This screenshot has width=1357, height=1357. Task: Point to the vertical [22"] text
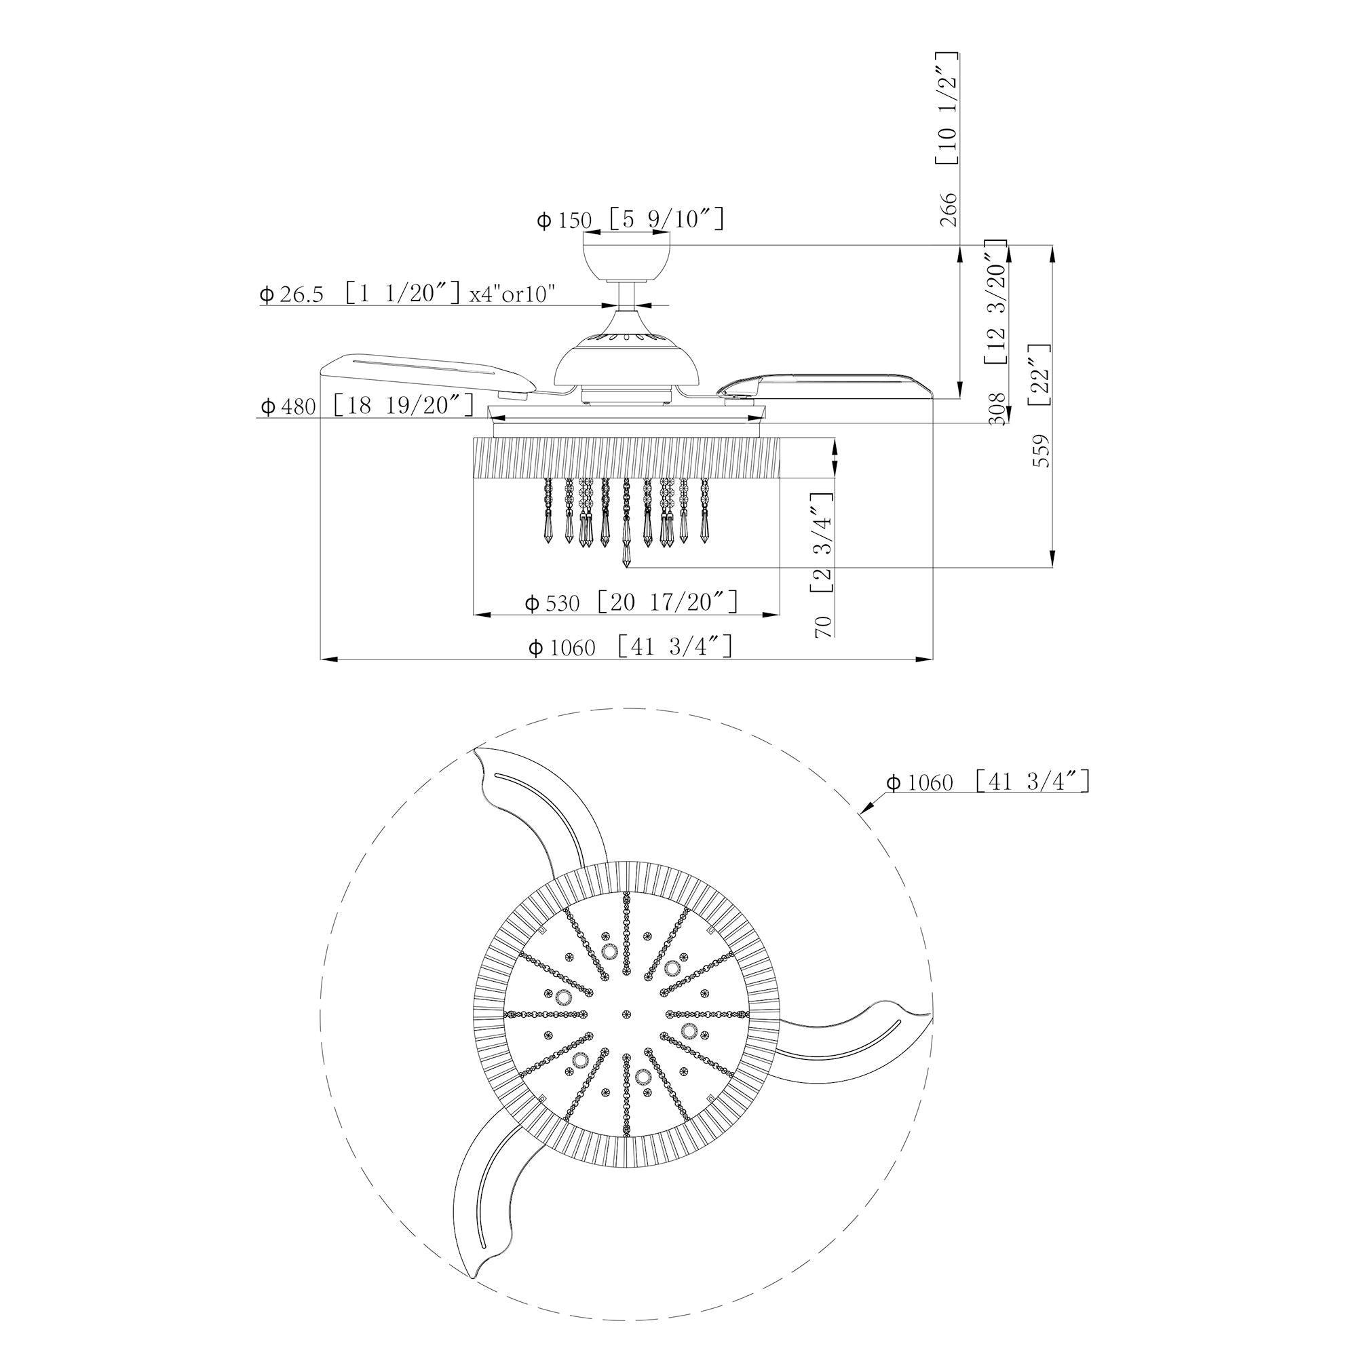click(1039, 375)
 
